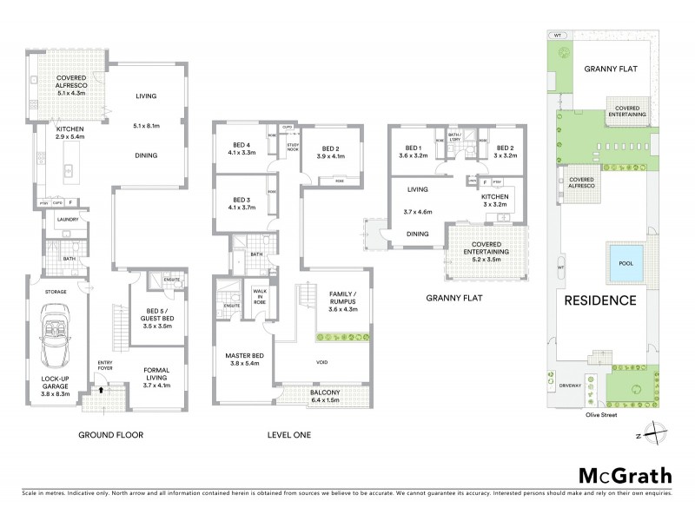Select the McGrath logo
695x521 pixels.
(625, 475)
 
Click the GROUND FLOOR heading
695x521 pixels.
(110, 434)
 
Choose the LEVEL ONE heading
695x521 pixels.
(286, 434)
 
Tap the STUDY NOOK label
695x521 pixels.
(293, 146)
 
